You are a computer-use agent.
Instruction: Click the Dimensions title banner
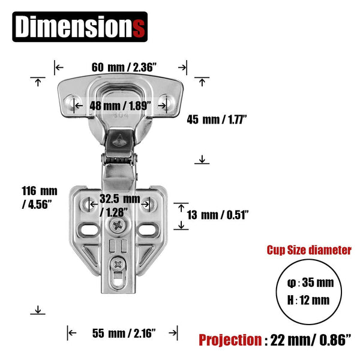80,28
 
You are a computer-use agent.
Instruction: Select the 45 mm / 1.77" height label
217,119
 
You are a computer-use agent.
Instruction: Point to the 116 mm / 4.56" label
40,197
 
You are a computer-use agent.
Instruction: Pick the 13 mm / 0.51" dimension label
218,214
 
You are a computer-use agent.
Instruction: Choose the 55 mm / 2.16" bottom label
124,332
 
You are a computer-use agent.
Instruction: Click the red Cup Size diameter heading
309,250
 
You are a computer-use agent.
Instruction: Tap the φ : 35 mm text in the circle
308,283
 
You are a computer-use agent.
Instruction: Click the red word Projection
229,340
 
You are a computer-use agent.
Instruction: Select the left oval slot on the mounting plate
89,229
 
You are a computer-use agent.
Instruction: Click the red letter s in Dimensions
139,28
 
